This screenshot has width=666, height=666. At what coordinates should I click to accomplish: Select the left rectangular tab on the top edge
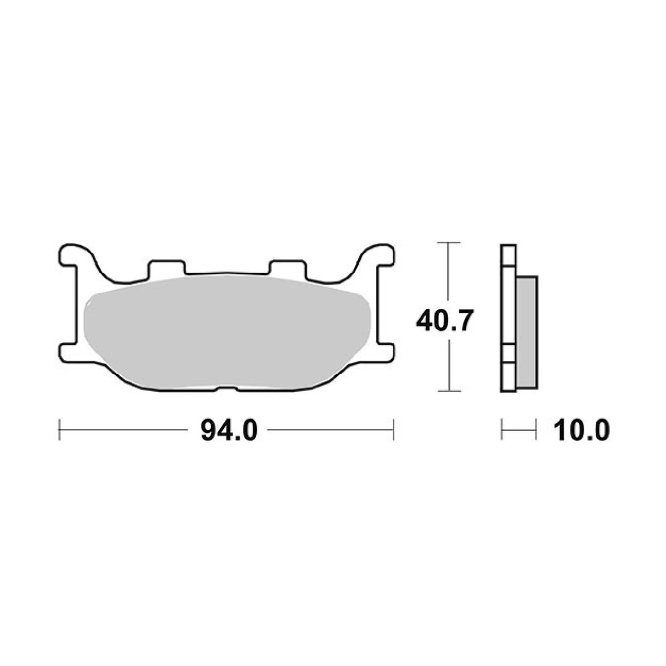coord(166,267)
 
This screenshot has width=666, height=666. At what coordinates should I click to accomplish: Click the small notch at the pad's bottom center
coord(227,388)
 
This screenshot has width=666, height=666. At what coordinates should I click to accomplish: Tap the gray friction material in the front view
coord(227,332)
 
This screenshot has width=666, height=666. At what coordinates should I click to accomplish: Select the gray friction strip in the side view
coord(527,332)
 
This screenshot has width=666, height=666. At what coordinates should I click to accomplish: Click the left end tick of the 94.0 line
coord(59,430)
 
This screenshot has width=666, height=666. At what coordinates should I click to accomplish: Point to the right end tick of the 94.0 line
coord(393,430)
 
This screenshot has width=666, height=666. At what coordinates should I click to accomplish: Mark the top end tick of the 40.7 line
coord(449,242)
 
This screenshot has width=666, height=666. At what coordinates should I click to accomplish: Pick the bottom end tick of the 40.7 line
coord(449,391)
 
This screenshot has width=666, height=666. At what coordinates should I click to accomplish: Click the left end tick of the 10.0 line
coord(502,430)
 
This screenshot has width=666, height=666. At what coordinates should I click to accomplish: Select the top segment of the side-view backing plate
coord(508,255)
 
